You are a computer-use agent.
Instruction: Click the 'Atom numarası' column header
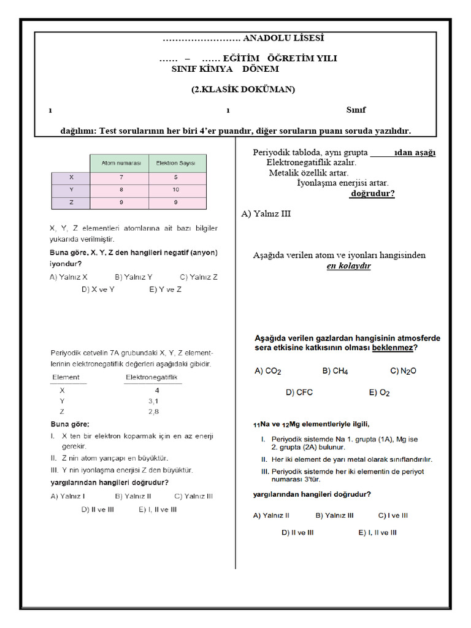pos(121,163)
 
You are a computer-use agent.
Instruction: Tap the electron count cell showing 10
pos(177,190)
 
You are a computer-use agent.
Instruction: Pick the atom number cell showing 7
pos(121,177)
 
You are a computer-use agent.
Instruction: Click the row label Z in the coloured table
pos(71,202)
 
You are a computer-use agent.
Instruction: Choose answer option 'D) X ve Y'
pos(98,289)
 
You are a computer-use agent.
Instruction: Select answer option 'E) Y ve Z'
pos(165,289)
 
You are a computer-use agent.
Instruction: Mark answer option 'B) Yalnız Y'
pos(134,277)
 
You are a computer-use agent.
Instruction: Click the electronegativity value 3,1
pos(153,400)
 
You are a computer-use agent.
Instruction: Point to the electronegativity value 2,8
pos(153,412)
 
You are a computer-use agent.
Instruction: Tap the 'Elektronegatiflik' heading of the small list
pos(151,377)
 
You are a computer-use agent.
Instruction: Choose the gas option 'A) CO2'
pos(267,371)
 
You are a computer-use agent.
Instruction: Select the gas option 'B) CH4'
pos(335,371)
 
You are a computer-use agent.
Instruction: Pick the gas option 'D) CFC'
pos(299,392)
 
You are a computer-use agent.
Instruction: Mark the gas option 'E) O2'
pos(379,392)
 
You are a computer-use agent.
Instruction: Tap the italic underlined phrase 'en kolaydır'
pos(348,266)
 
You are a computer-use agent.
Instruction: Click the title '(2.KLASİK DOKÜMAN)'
pos(243,90)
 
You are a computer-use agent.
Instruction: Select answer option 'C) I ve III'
pos(392,516)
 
